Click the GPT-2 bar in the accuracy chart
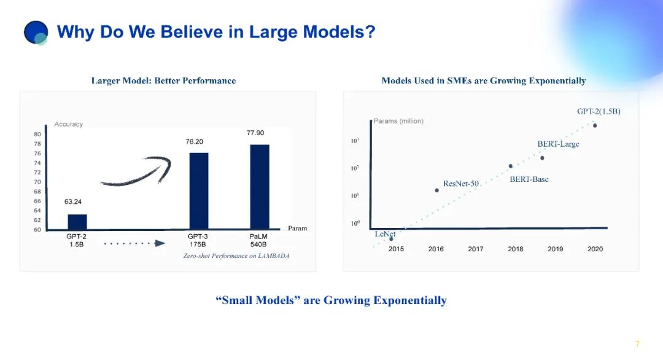coord(77,222)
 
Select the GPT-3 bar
coord(199,191)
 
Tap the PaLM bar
coord(260,187)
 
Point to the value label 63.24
coord(72,202)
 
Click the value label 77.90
coord(255,133)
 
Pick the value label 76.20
coord(194,142)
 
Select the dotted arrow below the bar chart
coord(134,243)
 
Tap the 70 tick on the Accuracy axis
coord(37,182)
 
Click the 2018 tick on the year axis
coord(516,249)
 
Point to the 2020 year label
coord(595,249)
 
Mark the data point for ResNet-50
coord(437,190)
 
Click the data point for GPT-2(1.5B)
coord(595,125)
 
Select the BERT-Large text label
coord(558,144)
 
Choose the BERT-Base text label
coord(529,179)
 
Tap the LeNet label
coord(385,234)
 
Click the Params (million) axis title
coord(398,121)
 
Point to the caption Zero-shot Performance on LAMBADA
coord(236,256)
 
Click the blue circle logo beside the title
coord(36,33)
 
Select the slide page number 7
coord(637,343)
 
